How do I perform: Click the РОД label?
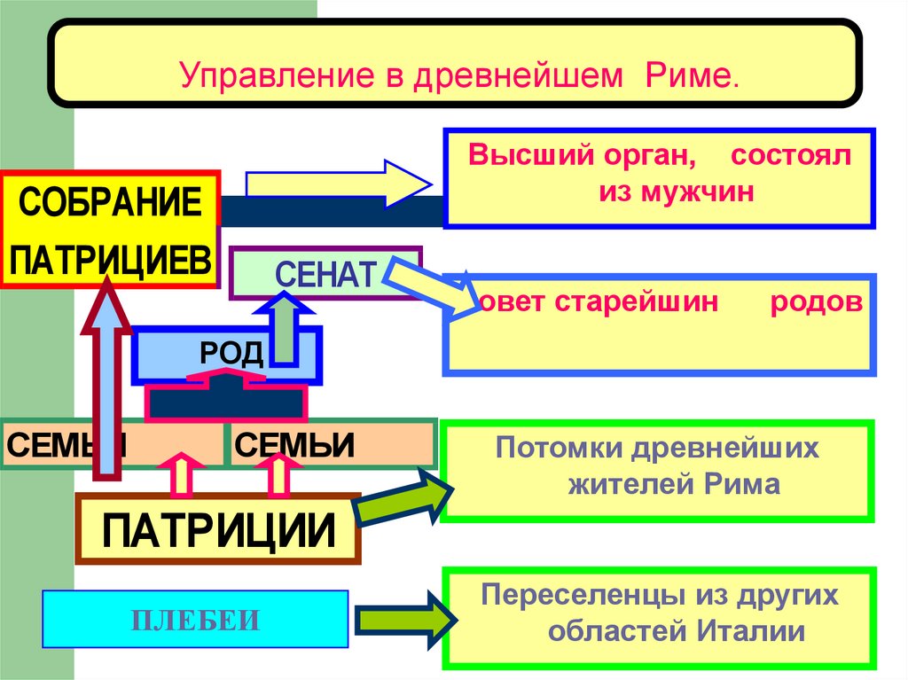pyautogui.click(x=231, y=355)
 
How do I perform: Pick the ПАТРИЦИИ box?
pyautogui.click(x=218, y=530)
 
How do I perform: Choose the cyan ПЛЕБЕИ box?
pyautogui.click(x=196, y=620)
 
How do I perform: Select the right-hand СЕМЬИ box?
pyautogui.click(x=333, y=443)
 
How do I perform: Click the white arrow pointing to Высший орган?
pyautogui.click(x=337, y=183)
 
